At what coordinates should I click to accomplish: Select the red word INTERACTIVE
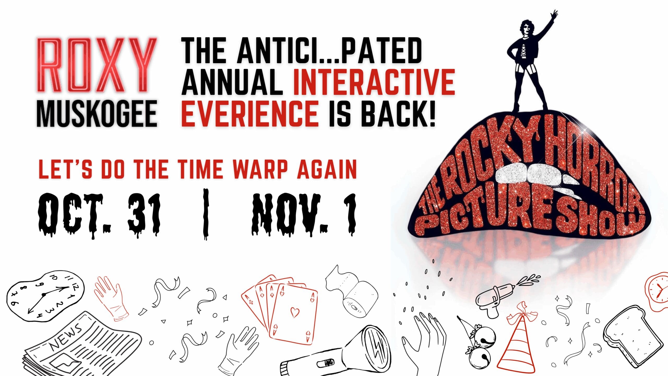click(374, 81)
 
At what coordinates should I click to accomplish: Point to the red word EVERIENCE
click(250, 114)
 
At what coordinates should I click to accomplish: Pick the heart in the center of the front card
click(295, 312)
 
